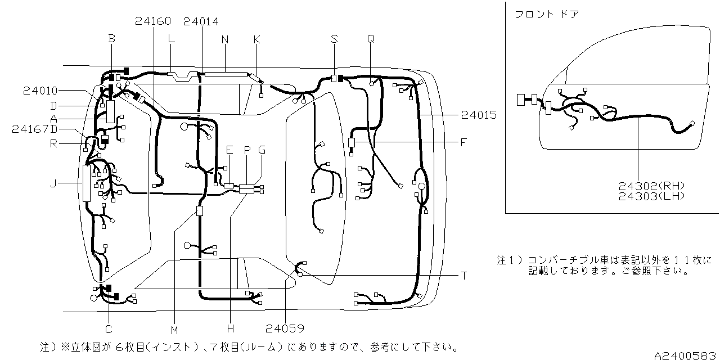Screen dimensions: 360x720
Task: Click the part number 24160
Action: coord(153,21)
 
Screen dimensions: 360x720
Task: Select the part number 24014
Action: coord(201,21)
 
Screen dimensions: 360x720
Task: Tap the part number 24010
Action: coord(40,90)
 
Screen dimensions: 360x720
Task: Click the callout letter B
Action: coord(111,38)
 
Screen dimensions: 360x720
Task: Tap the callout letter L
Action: coord(172,38)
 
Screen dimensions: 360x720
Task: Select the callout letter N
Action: coord(225,39)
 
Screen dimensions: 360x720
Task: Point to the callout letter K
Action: coord(256,39)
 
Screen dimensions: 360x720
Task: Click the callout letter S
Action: coord(334,39)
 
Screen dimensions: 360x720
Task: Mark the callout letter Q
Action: coord(371,39)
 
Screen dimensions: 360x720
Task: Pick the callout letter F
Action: coord(463,142)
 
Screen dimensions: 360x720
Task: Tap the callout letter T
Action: coord(464,276)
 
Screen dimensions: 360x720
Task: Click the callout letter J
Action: coord(53,183)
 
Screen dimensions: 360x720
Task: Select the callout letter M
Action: coord(174,330)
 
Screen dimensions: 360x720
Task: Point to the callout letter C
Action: coord(109,329)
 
